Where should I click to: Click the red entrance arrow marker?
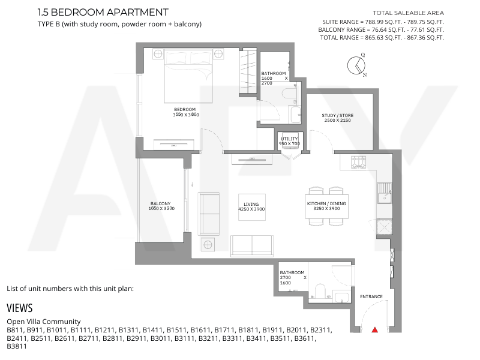(x=374, y=329)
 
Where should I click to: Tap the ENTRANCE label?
(x=371, y=296)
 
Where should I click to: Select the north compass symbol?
(x=356, y=65)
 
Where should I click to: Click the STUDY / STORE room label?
(x=337, y=115)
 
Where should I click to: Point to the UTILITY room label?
(x=289, y=139)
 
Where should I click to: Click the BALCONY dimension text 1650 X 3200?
(x=161, y=208)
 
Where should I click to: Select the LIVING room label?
(x=251, y=204)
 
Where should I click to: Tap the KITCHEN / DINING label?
(x=326, y=203)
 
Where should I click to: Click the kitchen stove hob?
(x=358, y=162)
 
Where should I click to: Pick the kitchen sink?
(x=385, y=193)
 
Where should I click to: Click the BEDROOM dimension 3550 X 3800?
(x=186, y=115)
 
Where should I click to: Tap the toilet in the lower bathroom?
(x=320, y=291)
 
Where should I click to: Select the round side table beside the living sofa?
(x=208, y=245)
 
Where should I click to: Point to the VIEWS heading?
(x=20, y=308)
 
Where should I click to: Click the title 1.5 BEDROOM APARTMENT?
(x=103, y=12)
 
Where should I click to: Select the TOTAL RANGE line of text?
(x=382, y=38)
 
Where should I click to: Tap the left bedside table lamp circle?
(x=158, y=54)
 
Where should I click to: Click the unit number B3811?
(x=17, y=346)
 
